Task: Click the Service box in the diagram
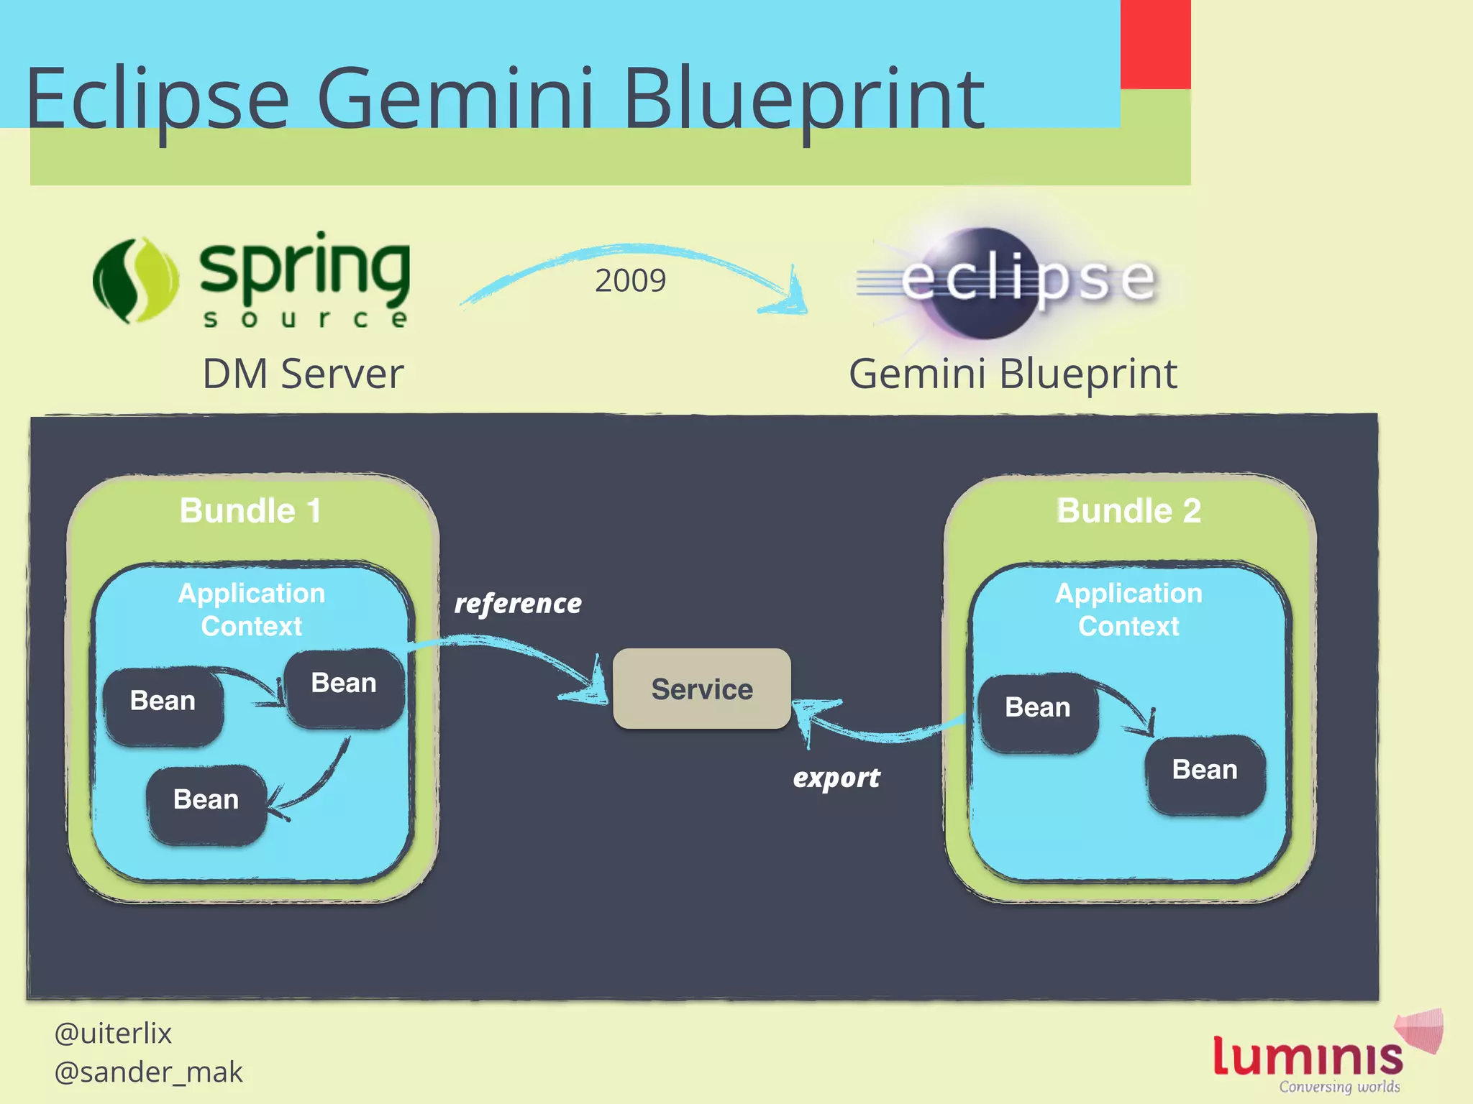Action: coord(701,689)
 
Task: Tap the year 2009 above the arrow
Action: coord(630,280)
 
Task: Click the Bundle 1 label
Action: coord(250,511)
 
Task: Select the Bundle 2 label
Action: coord(1128,511)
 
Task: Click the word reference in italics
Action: coord(518,604)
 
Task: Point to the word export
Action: coord(836,778)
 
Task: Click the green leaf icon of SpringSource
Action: coord(135,280)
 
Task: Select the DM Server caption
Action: coord(303,374)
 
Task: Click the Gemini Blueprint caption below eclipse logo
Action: coord(1013,374)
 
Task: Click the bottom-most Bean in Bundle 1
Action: coord(206,800)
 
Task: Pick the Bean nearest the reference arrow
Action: coord(344,683)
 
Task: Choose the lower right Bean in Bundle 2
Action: coord(1205,770)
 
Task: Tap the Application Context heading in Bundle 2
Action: coord(1128,609)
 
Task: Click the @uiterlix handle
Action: coord(113,1034)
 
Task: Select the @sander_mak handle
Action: coord(148,1072)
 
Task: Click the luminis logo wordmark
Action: coord(1308,1057)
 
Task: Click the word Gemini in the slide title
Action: coord(455,98)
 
